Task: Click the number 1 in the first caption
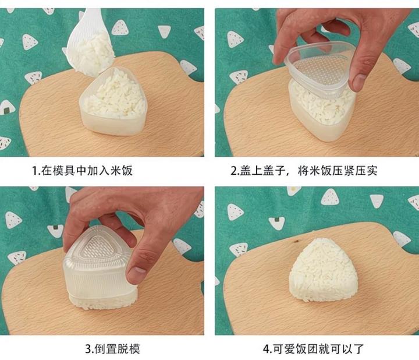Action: click(34, 171)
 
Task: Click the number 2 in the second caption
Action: click(234, 171)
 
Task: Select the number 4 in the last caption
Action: click(266, 349)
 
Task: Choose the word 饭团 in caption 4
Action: click(307, 349)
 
